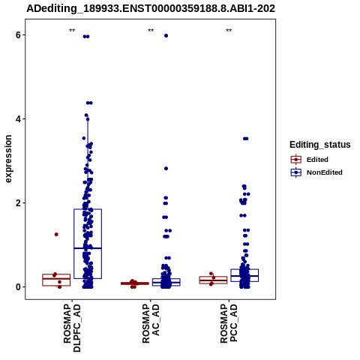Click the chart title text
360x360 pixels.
click(151, 8)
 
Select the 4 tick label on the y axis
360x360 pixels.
click(18, 119)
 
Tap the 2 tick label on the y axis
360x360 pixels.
click(18, 203)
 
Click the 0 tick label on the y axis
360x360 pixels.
click(18, 287)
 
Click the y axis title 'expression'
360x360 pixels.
click(8, 159)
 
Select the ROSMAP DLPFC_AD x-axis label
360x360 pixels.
click(72, 328)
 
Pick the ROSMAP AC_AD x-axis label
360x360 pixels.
click(151, 324)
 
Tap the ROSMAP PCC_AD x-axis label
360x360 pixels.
click(229, 324)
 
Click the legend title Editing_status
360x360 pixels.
click(320, 145)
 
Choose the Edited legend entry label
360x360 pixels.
click(317, 160)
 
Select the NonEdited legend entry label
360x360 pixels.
click(325, 172)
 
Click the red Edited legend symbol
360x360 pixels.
click(296, 160)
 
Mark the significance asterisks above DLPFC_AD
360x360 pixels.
click(72, 31)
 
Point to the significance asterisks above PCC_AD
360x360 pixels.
click(229, 31)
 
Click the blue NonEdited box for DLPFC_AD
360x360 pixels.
click(88, 209)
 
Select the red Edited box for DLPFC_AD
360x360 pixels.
click(56, 274)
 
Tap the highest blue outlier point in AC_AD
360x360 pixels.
click(166, 36)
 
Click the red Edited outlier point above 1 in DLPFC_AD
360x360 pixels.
click(56, 234)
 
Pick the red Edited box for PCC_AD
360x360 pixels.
click(213, 277)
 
